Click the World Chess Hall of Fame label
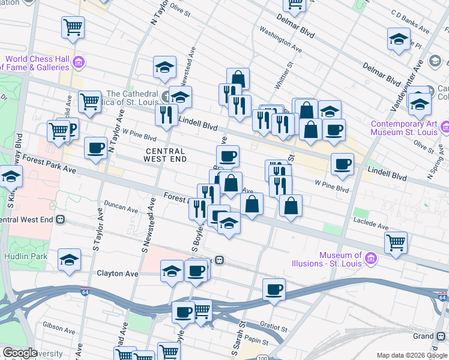[36, 63]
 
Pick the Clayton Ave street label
[118, 274]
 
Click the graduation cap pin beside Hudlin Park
[70, 260]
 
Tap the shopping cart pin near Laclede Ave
[396, 243]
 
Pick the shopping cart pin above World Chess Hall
[73, 26]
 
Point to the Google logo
[20, 353]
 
